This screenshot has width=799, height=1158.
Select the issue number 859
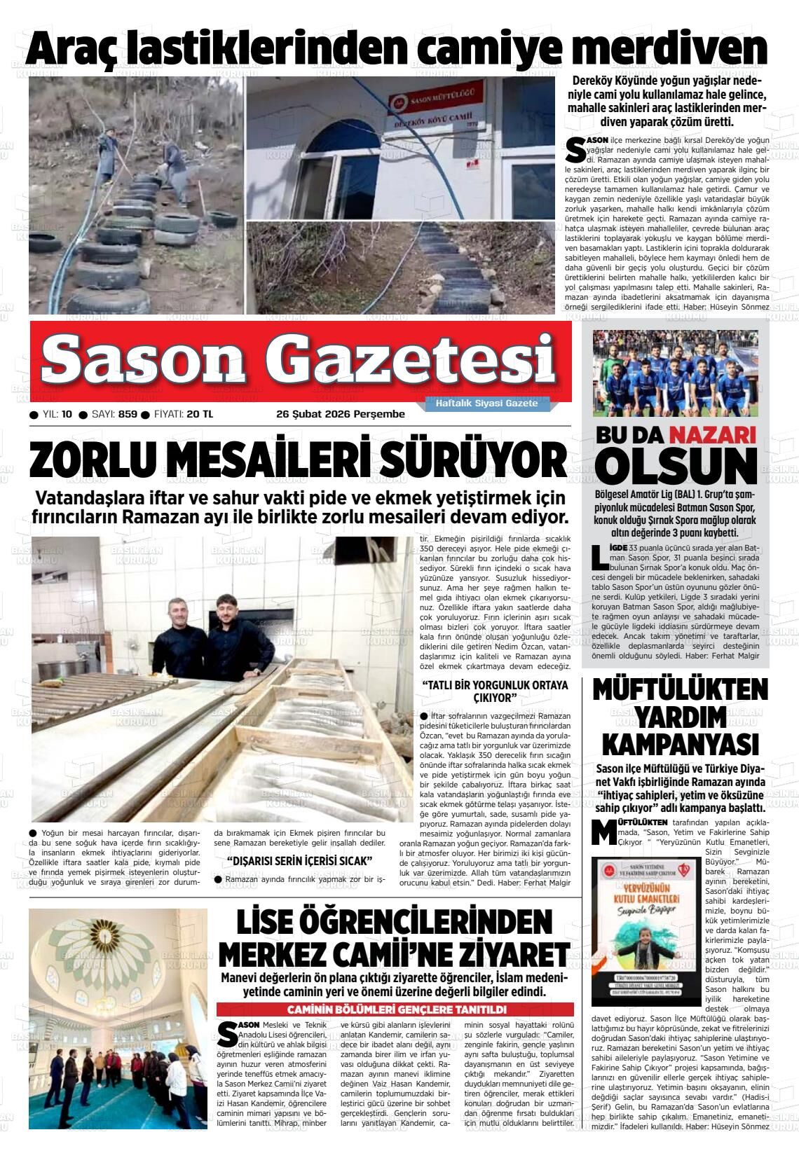pyautogui.click(x=128, y=414)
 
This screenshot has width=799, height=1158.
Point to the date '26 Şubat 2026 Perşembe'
pyautogui.click(x=341, y=414)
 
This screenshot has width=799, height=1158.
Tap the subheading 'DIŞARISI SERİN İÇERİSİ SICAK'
pyautogui.click(x=299, y=861)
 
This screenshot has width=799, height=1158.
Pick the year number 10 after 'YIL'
pyautogui.click(x=67, y=414)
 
